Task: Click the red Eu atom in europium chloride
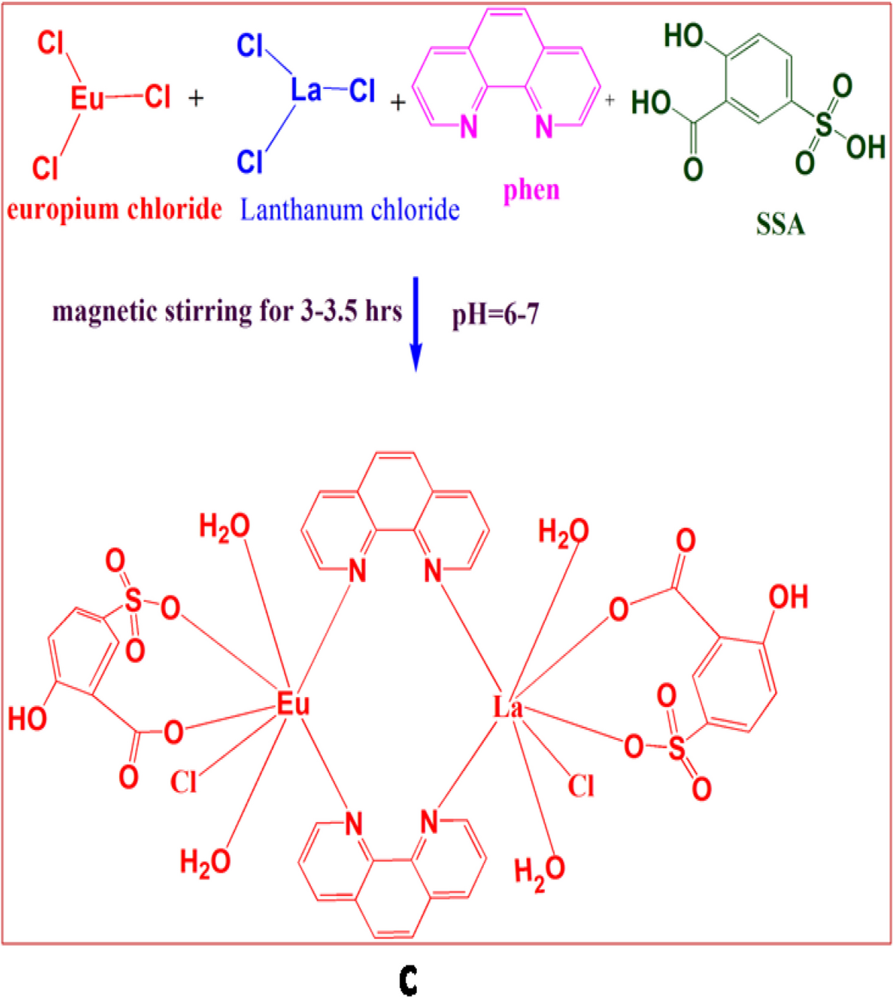pos(87,98)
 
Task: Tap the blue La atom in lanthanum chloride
pos(306,90)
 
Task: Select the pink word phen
pos(531,190)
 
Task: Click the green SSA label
pos(780,225)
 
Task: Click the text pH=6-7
pos(495,314)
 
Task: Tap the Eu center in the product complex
pos(293,703)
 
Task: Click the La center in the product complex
pos(508,708)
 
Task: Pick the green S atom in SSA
pos(823,124)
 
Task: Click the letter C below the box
pos(408,980)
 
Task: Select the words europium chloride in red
pos(114,209)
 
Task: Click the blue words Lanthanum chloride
pos(350,210)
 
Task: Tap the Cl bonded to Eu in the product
pos(184,783)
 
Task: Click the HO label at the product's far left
pos(27,719)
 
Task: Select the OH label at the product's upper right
pos(788,597)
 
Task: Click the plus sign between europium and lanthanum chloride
pos(196,98)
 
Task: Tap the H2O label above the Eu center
pos(224,527)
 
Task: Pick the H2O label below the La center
pos(539,871)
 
